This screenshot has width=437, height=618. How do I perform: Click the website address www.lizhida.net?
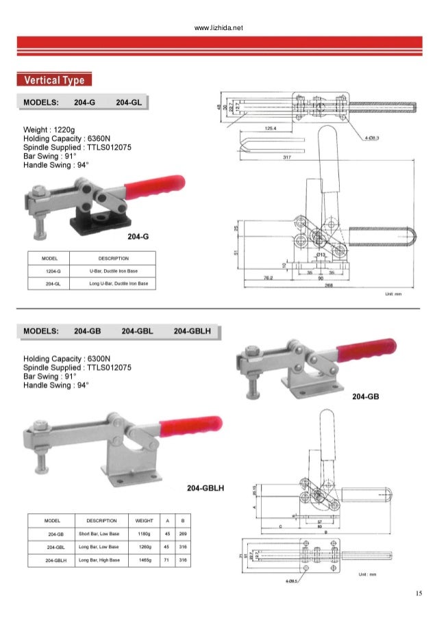[219, 27]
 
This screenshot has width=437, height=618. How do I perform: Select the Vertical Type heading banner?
[54, 81]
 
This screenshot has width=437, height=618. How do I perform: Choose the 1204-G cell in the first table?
[49, 272]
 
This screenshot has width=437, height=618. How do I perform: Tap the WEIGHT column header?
[145, 520]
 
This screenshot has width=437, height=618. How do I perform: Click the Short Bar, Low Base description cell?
[99, 534]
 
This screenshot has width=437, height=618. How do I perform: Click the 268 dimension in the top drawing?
[319, 287]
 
